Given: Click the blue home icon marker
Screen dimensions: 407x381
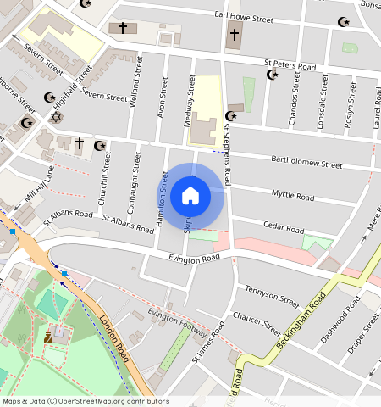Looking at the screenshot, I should pos(190,197).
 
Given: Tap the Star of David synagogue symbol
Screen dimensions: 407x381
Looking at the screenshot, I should pos(57,117).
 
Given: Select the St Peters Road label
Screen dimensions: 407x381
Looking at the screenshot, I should pos(290,65).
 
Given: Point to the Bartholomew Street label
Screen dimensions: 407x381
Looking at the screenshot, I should pos(306,161).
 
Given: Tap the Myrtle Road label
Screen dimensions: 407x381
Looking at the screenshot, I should pos(292,196).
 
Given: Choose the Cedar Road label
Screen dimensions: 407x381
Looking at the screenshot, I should pos(283,229).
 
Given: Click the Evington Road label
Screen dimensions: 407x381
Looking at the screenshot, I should pos(194,258).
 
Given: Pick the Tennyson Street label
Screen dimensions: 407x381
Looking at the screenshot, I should pos(272,296).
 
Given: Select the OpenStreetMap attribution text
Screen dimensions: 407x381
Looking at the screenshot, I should pos(86,401).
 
